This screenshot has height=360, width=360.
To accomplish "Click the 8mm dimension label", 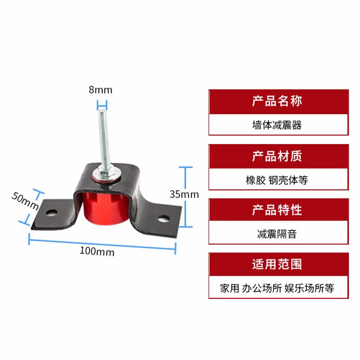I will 100,90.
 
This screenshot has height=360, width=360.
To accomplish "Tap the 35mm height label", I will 184,194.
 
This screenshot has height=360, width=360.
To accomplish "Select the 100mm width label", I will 97,252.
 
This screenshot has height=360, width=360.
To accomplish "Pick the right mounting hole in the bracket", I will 162,219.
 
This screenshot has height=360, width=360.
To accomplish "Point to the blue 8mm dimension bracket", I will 102,107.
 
